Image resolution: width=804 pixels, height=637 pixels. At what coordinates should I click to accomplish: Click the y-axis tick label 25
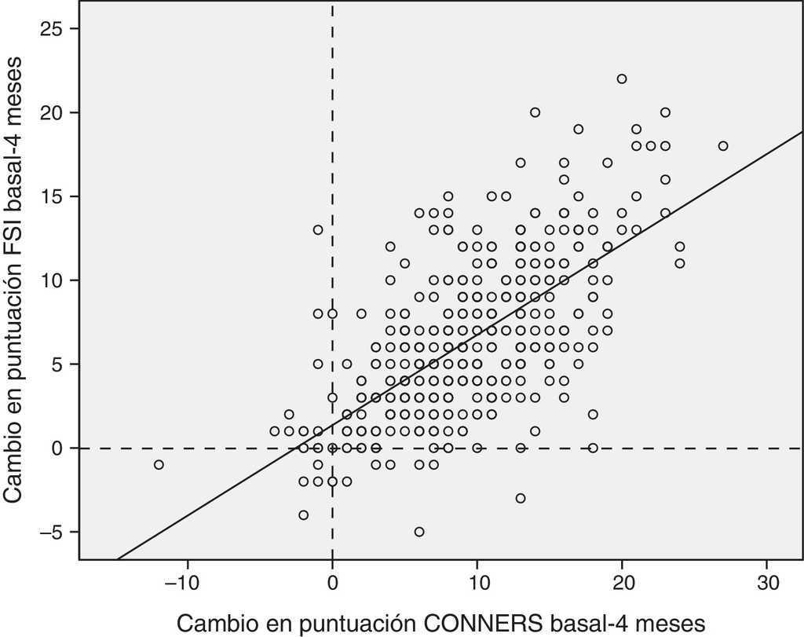tap(56, 29)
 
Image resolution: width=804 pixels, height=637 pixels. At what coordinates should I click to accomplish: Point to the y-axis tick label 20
tap(56, 113)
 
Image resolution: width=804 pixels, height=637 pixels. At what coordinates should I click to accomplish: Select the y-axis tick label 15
tap(56, 196)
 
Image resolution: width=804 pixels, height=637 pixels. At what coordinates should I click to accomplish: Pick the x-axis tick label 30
tap(767, 585)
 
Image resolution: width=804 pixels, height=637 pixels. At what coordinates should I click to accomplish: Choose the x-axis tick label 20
tap(622, 585)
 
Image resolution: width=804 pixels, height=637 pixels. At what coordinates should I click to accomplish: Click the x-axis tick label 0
tap(333, 585)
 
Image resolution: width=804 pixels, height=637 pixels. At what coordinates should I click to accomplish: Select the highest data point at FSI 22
tap(622, 79)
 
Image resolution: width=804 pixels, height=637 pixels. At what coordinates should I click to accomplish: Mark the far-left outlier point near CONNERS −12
tap(159, 464)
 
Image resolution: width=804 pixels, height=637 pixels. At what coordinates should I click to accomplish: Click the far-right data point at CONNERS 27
tap(723, 145)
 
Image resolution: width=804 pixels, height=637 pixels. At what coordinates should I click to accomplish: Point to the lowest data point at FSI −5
tap(419, 532)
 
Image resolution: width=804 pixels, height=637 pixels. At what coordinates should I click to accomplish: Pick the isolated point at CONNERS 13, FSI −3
tap(521, 498)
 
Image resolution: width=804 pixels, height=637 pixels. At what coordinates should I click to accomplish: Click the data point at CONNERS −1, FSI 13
tap(318, 229)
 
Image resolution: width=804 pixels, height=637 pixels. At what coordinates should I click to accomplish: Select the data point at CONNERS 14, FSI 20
tap(535, 112)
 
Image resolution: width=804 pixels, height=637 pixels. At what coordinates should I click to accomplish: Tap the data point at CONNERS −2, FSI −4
tap(304, 514)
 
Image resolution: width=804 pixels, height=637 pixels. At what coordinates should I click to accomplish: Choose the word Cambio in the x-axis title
tap(210, 623)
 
